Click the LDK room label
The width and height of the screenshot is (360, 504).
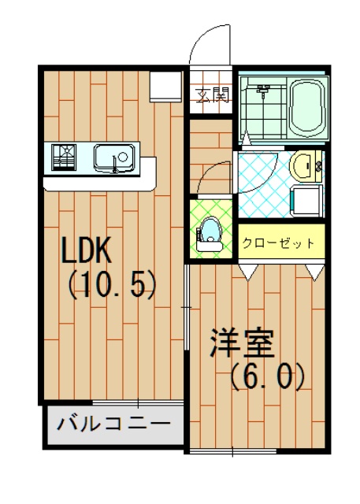coord(86,250)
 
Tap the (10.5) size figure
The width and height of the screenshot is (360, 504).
coord(111,285)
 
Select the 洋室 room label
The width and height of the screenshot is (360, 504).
coord(243,343)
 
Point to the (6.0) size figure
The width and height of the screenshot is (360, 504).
coord(267,376)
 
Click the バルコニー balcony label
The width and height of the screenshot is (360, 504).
coord(113,424)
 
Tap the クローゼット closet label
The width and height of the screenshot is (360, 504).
coord(278,243)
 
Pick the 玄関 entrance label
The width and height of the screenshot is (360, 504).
coord(213,94)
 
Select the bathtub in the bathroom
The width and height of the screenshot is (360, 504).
coord(307,108)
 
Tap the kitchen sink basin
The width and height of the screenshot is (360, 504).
coord(114,158)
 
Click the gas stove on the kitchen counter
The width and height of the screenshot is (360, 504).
coord(64,157)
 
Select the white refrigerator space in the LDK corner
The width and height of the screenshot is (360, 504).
coord(166,87)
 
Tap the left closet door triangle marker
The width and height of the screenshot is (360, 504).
coord(248,272)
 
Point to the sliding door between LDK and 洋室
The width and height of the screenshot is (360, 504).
coord(187,307)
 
